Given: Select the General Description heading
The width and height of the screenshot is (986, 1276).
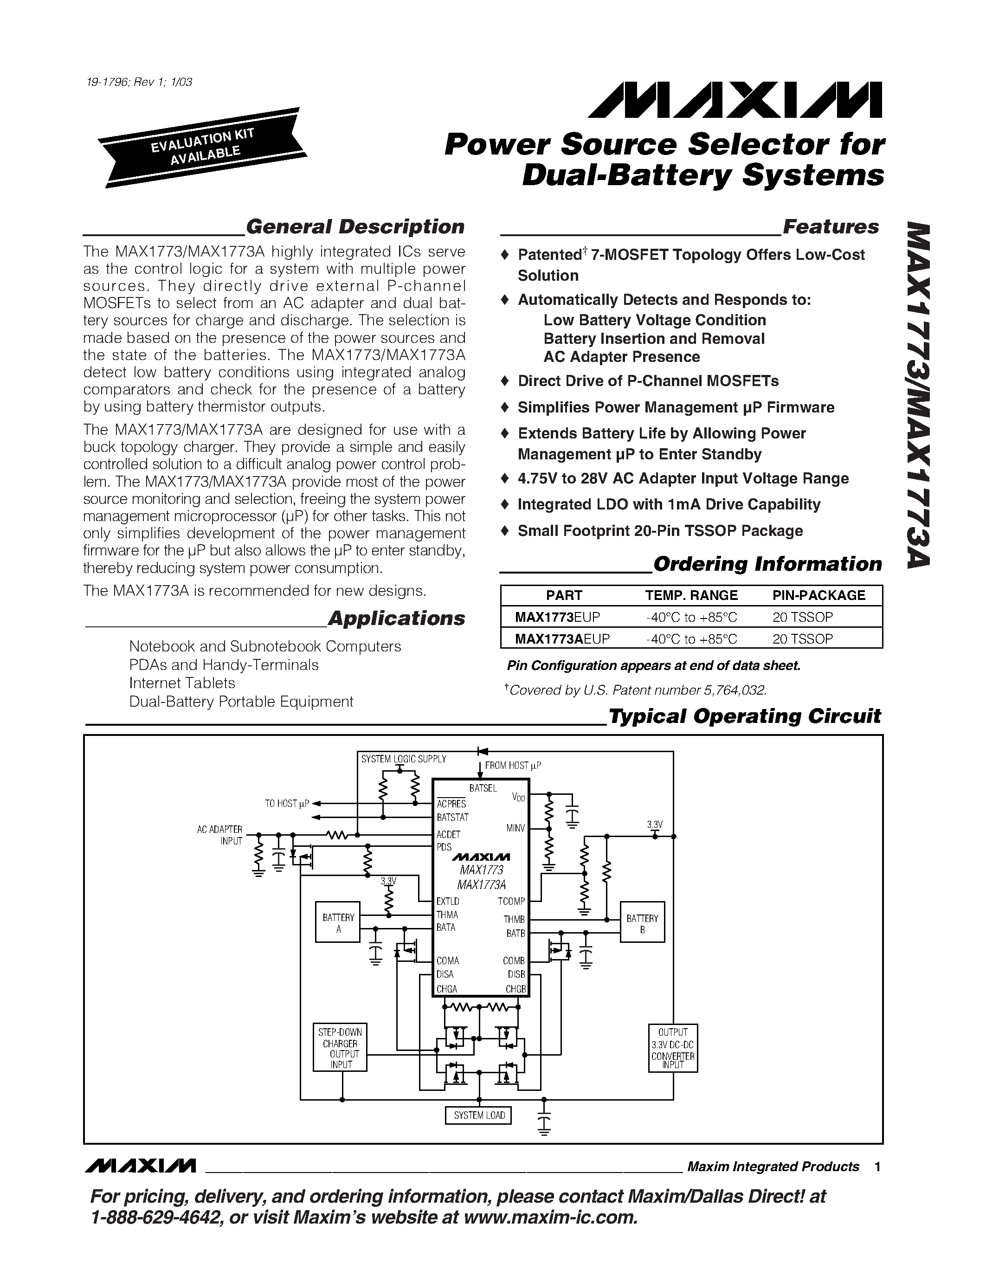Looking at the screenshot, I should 354,227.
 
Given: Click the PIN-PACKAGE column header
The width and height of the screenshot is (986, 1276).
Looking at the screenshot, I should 818,595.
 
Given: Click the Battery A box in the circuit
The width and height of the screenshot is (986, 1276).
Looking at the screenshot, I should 338,922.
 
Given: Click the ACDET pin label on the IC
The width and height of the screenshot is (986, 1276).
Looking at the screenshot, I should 449,835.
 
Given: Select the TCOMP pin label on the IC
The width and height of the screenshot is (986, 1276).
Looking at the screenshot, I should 511,902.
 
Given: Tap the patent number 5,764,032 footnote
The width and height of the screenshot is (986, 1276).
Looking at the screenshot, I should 637,690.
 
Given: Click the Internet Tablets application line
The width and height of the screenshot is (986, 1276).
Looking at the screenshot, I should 182,683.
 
